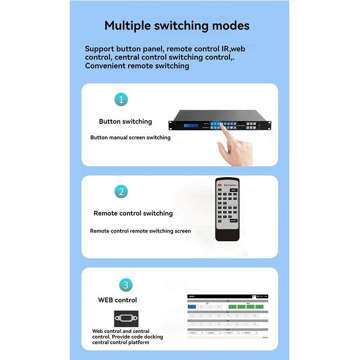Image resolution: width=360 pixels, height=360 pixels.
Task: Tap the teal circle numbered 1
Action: (121, 99)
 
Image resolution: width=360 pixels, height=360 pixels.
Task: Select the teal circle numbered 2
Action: (121, 192)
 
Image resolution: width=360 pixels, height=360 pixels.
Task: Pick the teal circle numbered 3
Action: (126, 285)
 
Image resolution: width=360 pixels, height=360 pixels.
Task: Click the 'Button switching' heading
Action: (126, 121)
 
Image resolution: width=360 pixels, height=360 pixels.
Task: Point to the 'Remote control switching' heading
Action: (133, 213)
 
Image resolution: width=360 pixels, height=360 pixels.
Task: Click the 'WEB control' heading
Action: (117, 300)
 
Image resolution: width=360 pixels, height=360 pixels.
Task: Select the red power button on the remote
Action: (220, 185)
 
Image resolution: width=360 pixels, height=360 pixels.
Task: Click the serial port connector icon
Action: (126, 318)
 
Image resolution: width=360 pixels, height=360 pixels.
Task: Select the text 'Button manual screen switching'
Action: (130, 138)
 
